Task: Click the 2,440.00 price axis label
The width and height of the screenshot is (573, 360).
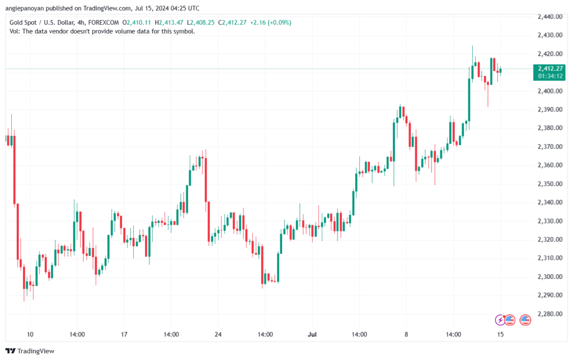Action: pyautogui.click(x=550, y=16)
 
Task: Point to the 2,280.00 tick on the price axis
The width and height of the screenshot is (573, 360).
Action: pyautogui.click(x=550, y=314)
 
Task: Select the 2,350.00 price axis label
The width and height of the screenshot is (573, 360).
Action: pyautogui.click(x=550, y=184)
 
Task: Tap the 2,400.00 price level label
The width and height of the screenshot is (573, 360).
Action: pyautogui.click(x=550, y=91)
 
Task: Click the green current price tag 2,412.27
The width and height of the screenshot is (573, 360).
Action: pyautogui.click(x=550, y=68)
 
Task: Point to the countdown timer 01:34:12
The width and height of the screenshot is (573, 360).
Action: pyautogui.click(x=550, y=76)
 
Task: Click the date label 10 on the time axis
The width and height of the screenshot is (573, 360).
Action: pyautogui.click(x=30, y=334)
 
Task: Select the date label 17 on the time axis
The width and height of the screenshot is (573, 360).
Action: pyautogui.click(x=124, y=334)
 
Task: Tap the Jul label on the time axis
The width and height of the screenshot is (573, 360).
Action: pyautogui.click(x=312, y=334)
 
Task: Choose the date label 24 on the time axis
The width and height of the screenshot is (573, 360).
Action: pyautogui.click(x=218, y=334)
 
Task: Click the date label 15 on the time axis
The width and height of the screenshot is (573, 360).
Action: pyautogui.click(x=500, y=334)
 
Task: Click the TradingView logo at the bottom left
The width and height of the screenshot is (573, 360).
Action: pyautogui.click(x=30, y=351)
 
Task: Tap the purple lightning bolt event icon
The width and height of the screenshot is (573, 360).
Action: pyautogui.click(x=500, y=320)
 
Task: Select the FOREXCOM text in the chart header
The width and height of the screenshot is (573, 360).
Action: pyautogui.click(x=104, y=22)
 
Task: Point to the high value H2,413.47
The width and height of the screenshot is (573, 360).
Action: pyautogui.click(x=169, y=22)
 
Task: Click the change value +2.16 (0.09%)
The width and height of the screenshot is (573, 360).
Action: pyautogui.click(x=270, y=22)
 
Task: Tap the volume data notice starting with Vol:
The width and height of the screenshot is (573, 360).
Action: pyautogui.click(x=102, y=31)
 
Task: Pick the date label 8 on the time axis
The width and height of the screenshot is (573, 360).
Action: pyautogui.click(x=406, y=334)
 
